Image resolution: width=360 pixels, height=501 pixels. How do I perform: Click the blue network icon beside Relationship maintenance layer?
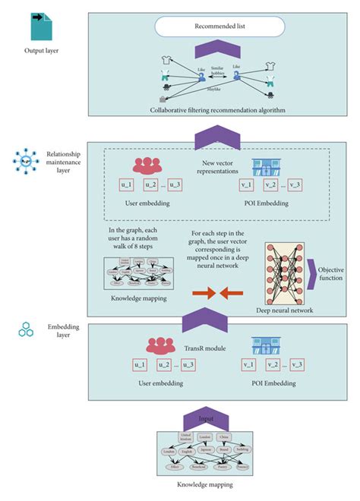coord(27,161)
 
